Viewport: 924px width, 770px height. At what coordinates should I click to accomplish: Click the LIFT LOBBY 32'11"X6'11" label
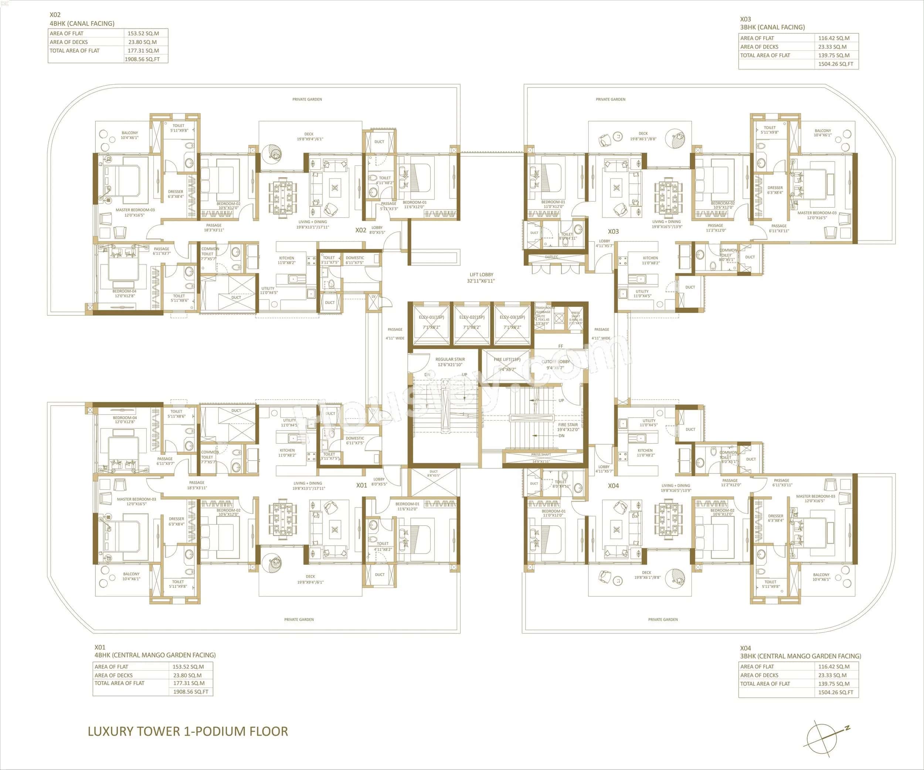(481, 277)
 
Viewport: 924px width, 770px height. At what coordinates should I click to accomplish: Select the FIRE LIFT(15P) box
(507, 365)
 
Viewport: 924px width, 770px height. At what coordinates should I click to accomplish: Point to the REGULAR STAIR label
(450, 362)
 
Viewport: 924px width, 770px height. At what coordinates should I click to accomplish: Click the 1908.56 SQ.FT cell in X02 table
(142, 59)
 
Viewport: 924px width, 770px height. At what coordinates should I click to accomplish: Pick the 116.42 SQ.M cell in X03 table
(834, 38)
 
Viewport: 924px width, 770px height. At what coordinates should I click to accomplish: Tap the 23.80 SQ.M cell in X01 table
(187, 675)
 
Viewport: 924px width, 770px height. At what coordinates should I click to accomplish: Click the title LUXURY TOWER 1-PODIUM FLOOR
(188, 731)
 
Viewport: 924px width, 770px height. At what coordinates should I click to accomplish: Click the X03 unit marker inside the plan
(614, 231)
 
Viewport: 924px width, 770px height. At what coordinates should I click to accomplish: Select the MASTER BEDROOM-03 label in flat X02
(135, 212)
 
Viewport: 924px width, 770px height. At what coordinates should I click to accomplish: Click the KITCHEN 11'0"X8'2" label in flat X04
(645, 452)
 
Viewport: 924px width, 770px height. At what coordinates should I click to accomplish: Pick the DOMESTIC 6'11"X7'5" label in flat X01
(355, 440)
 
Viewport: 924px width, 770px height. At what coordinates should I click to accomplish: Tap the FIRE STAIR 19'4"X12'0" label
(568, 427)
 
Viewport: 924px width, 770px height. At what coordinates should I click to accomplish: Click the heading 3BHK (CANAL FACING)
(772, 27)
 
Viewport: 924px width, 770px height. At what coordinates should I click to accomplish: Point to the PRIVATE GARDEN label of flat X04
(663, 619)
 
